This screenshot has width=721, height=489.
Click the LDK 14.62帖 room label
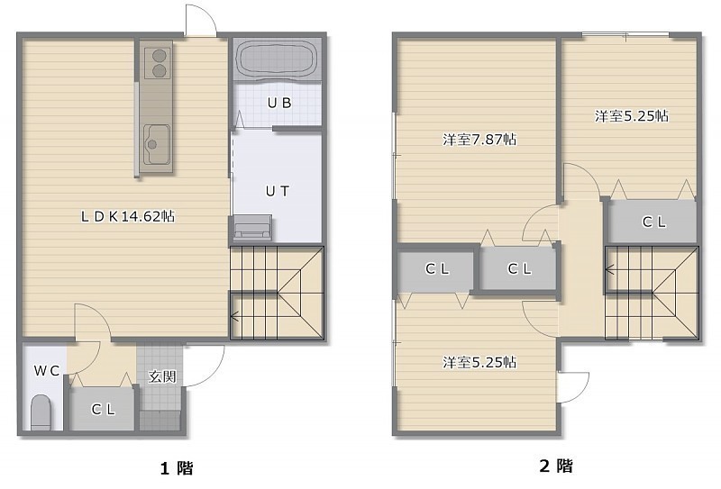tap(128, 216)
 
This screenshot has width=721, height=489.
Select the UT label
tap(278, 191)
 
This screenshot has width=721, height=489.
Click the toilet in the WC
tap(41, 412)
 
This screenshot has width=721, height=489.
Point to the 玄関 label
tap(162, 376)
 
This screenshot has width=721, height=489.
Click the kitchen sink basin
tap(156, 144)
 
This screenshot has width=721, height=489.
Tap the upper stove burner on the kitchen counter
tap(160, 56)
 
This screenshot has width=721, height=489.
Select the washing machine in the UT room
tap(252, 228)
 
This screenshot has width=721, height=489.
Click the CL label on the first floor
tap(103, 409)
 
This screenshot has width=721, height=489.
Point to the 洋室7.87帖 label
tap(479, 140)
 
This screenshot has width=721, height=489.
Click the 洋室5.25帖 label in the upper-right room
tap(632, 116)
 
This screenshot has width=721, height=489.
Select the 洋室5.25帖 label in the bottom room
tap(479, 362)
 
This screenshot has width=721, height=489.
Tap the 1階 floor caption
tap(177, 468)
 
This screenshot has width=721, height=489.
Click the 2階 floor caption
tap(556, 466)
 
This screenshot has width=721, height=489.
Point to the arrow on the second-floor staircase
tap(631, 269)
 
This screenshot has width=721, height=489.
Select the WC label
tap(47, 370)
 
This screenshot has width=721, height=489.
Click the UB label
tap(279, 103)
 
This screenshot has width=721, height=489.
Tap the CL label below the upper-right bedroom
tap(654, 222)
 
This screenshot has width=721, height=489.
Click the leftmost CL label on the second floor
tap(437, 269)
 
